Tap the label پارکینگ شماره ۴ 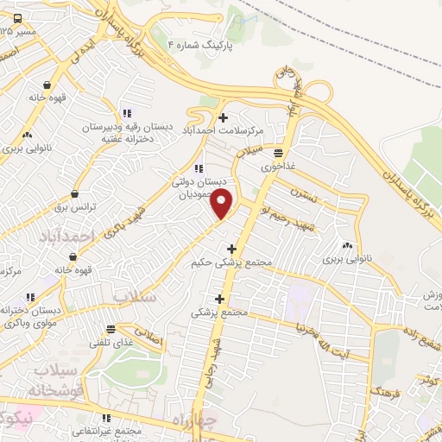(x=200, y=44)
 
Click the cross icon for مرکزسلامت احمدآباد (x=223, y=117)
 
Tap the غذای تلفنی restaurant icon (x=110, y=329)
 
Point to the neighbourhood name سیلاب (x=134, y=296)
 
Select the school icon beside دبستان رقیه (x=126, y=113)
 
